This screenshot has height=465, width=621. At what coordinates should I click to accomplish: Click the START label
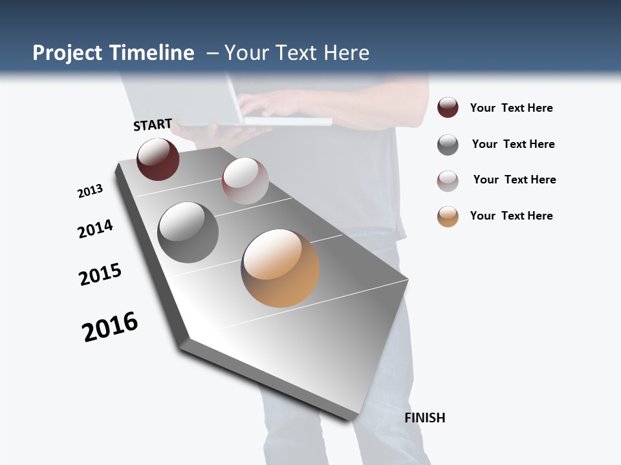pyautogui.click(x=153, y=125)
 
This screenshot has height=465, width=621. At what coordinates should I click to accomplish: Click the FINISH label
pyautogui.click(x=425, y=418)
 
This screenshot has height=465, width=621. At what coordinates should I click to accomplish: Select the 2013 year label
pyautogui.click(x=90, y=191)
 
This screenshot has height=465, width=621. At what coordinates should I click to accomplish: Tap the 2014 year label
pyautogui.click(x=96, y=229)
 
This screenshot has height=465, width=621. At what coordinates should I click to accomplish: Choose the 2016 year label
pyautogui.click(x=110, y=327)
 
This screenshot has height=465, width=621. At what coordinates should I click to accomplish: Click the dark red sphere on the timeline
pyautogui.click(x=158, y=160)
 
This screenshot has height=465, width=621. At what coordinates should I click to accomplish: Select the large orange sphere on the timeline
pyautogui.click(x=280, y=267)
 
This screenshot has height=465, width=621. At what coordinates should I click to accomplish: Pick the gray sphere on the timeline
pyautogui.click(x=188, y=232)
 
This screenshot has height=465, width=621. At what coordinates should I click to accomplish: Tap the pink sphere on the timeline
pyautogui.click(x=245, y=181)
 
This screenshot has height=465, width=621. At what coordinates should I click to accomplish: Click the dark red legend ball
pyautogui.click(x=448, y=108)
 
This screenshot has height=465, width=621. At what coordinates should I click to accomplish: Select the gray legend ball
pyautogui.click(x=448, y=145)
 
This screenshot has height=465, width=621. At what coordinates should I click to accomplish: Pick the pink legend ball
pyautogui.click(x=448, y=181)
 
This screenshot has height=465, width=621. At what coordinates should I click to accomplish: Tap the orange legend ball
pyautogui.click(x=448, y=216)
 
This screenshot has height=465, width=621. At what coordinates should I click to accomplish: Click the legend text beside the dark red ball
pyautogui.click(x=511, y=108)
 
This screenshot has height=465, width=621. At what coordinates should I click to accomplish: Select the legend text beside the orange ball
pyautogui.click(x=511, y=216)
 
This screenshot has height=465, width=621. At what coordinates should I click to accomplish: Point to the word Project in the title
pyautogui.click(x=67, y=53)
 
